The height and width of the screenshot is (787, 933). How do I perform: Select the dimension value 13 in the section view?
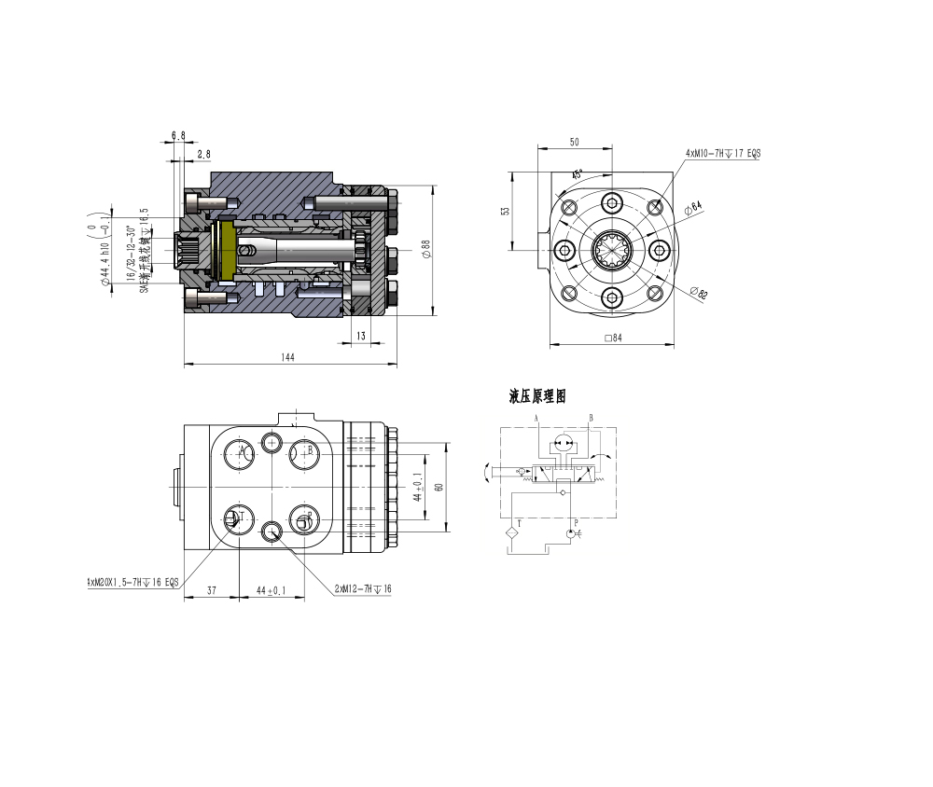(360, 335)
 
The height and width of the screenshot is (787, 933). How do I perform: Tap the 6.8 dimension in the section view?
(177, 135)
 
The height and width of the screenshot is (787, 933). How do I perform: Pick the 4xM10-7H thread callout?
(723, 152)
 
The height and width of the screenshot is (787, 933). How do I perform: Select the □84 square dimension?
(612, 338)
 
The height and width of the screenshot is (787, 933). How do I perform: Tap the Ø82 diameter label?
(699, 294)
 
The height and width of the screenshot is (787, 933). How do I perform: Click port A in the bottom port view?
(241, 452)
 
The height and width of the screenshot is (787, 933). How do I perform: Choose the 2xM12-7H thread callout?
(362, 589)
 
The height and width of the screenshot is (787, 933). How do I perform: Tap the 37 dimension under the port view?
(211, 590)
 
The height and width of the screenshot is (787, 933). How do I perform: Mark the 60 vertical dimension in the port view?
(439, 487)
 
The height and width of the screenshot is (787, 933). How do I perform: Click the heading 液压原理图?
(537, 397)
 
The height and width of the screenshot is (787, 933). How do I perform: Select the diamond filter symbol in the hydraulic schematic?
(509, 533)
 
